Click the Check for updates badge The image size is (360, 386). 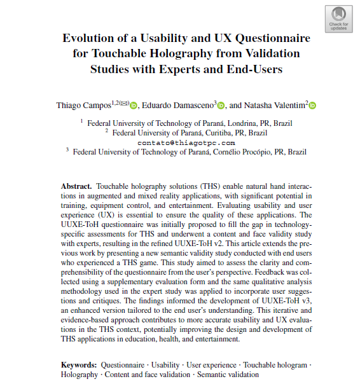(338, 19)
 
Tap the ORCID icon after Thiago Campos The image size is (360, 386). (134, 106)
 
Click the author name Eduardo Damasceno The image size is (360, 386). (178, 105)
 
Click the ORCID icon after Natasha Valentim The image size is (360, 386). (312, 106)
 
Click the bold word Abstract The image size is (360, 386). (76, 186)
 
